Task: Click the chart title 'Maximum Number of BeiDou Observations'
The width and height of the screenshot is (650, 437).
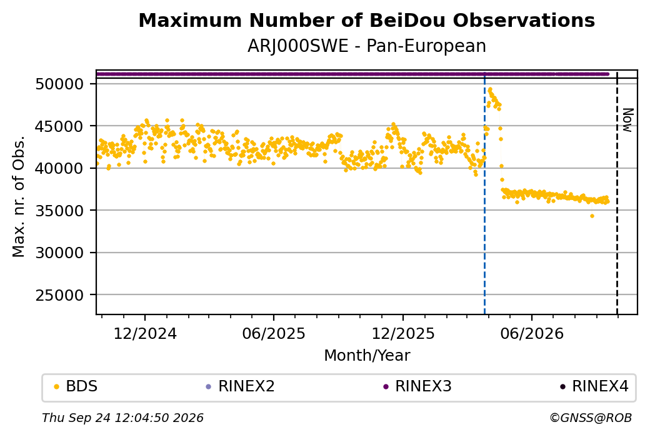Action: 366,20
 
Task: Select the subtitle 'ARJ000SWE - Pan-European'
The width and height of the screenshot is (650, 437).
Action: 366,46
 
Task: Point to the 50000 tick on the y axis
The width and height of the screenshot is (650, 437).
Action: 60,84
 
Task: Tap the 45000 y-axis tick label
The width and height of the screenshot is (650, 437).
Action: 60,126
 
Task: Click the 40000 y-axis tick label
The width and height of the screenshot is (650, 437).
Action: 60,168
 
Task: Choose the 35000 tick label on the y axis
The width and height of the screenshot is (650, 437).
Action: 60,211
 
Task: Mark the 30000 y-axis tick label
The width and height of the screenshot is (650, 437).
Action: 60,253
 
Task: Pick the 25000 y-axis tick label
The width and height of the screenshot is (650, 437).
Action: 60,295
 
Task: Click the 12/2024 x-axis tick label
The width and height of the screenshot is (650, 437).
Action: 145,333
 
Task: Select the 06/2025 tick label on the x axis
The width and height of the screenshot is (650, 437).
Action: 274,333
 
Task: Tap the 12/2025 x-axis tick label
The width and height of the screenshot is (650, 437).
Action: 403,333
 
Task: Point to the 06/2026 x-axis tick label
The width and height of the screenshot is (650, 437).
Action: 532,333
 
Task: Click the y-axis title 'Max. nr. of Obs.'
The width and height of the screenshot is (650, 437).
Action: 19,196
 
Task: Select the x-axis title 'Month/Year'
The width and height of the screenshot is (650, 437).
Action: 367,355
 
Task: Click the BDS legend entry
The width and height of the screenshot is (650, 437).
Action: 76,386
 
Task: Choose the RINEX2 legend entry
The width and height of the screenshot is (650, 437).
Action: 241,386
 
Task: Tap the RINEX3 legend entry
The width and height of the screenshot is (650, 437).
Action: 417,386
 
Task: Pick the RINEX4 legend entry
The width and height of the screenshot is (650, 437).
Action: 594,386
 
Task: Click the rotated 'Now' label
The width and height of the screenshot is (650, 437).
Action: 628,120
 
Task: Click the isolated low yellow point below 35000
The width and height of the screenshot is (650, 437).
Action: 592,216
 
